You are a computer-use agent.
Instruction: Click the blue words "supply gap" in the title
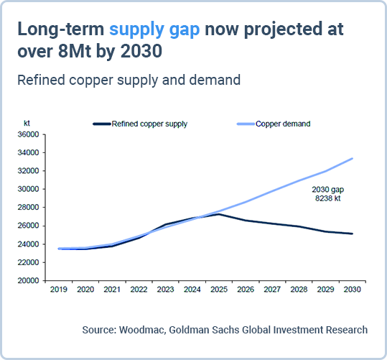pos(154,30)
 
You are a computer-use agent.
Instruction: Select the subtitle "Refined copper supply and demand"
pos(129,80)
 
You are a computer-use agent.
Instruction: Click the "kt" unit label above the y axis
pos(27,123)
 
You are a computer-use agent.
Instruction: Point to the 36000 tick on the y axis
pos(28,134)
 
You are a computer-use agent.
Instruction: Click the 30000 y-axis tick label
pos(28,189)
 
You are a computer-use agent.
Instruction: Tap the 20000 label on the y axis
pos(28,281)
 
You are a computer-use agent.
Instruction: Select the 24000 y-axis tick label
pos(28,244)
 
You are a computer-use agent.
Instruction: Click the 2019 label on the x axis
pos(59,290)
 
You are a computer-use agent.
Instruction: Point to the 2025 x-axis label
pos(219,290)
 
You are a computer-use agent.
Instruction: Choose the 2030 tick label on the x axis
pos(353,290)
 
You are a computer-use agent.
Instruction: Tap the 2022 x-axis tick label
pos(139,290)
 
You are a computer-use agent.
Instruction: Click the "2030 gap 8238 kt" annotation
pos(327,194)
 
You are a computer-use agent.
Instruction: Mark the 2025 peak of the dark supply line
pos(219,214)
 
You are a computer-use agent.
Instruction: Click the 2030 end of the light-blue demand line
pos(353,158)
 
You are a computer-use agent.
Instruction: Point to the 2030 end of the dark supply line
pos(353,234)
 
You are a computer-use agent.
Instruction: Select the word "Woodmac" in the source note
pos(142,330)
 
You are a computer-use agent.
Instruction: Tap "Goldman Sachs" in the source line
pos(204,330)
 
